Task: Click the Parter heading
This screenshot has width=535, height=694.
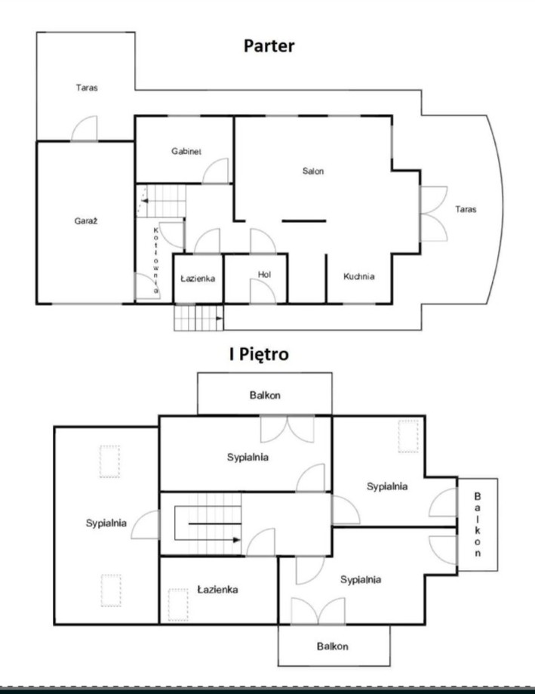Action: [x=269, y=46]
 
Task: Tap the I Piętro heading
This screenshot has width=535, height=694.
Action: [x=259, y=354]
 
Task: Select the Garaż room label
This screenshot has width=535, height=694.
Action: [x=86, y=221]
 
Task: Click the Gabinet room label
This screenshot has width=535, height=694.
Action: [x=186, y=151]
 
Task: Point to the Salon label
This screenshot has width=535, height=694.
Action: [x=313, y=171]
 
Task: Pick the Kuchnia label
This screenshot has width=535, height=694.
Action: [x=359, y=276]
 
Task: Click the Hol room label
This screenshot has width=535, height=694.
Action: [x=264, y=274]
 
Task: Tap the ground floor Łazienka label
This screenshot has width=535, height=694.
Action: [x=198, y=279]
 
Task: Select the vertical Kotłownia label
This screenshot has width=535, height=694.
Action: [x=156, y=261]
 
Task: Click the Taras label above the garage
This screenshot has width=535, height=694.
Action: [x=87, y=88]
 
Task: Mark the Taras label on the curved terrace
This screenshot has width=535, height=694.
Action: [x=466, y=209]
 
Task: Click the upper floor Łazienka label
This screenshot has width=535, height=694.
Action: [x=217, y=590]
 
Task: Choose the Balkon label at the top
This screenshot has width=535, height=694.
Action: [x=265, y=395]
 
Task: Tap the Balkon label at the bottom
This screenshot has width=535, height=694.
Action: [x=333, y=646]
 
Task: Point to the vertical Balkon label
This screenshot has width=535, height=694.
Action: [x=478, y=525]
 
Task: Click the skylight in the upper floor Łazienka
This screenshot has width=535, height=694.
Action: [x=178, y=605]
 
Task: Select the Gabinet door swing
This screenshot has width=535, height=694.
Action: [x=216, y=171]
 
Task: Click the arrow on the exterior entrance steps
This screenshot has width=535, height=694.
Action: [x=219, y=318]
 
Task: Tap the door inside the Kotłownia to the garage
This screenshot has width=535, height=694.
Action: [x=147, y=286]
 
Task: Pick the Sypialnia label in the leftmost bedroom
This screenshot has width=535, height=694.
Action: [x=106, y=523]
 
